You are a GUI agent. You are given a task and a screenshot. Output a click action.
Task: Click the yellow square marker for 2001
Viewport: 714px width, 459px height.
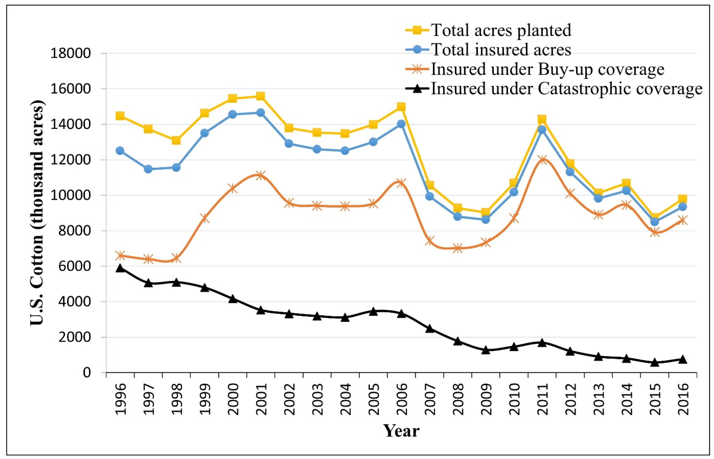[260, 96]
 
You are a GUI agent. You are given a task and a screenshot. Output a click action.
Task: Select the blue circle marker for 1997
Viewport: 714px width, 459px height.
[148, 169]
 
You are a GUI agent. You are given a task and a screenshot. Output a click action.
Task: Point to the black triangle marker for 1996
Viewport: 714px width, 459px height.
[120, 268]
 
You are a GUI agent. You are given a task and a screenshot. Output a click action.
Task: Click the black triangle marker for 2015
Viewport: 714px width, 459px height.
[655, 362]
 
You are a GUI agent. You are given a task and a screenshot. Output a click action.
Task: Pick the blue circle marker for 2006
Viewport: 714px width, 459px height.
[401, 124]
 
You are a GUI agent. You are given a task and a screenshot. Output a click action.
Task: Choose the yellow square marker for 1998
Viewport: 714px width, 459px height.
[176, 140]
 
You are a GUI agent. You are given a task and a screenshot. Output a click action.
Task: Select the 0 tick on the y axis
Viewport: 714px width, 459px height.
[87, 373]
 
